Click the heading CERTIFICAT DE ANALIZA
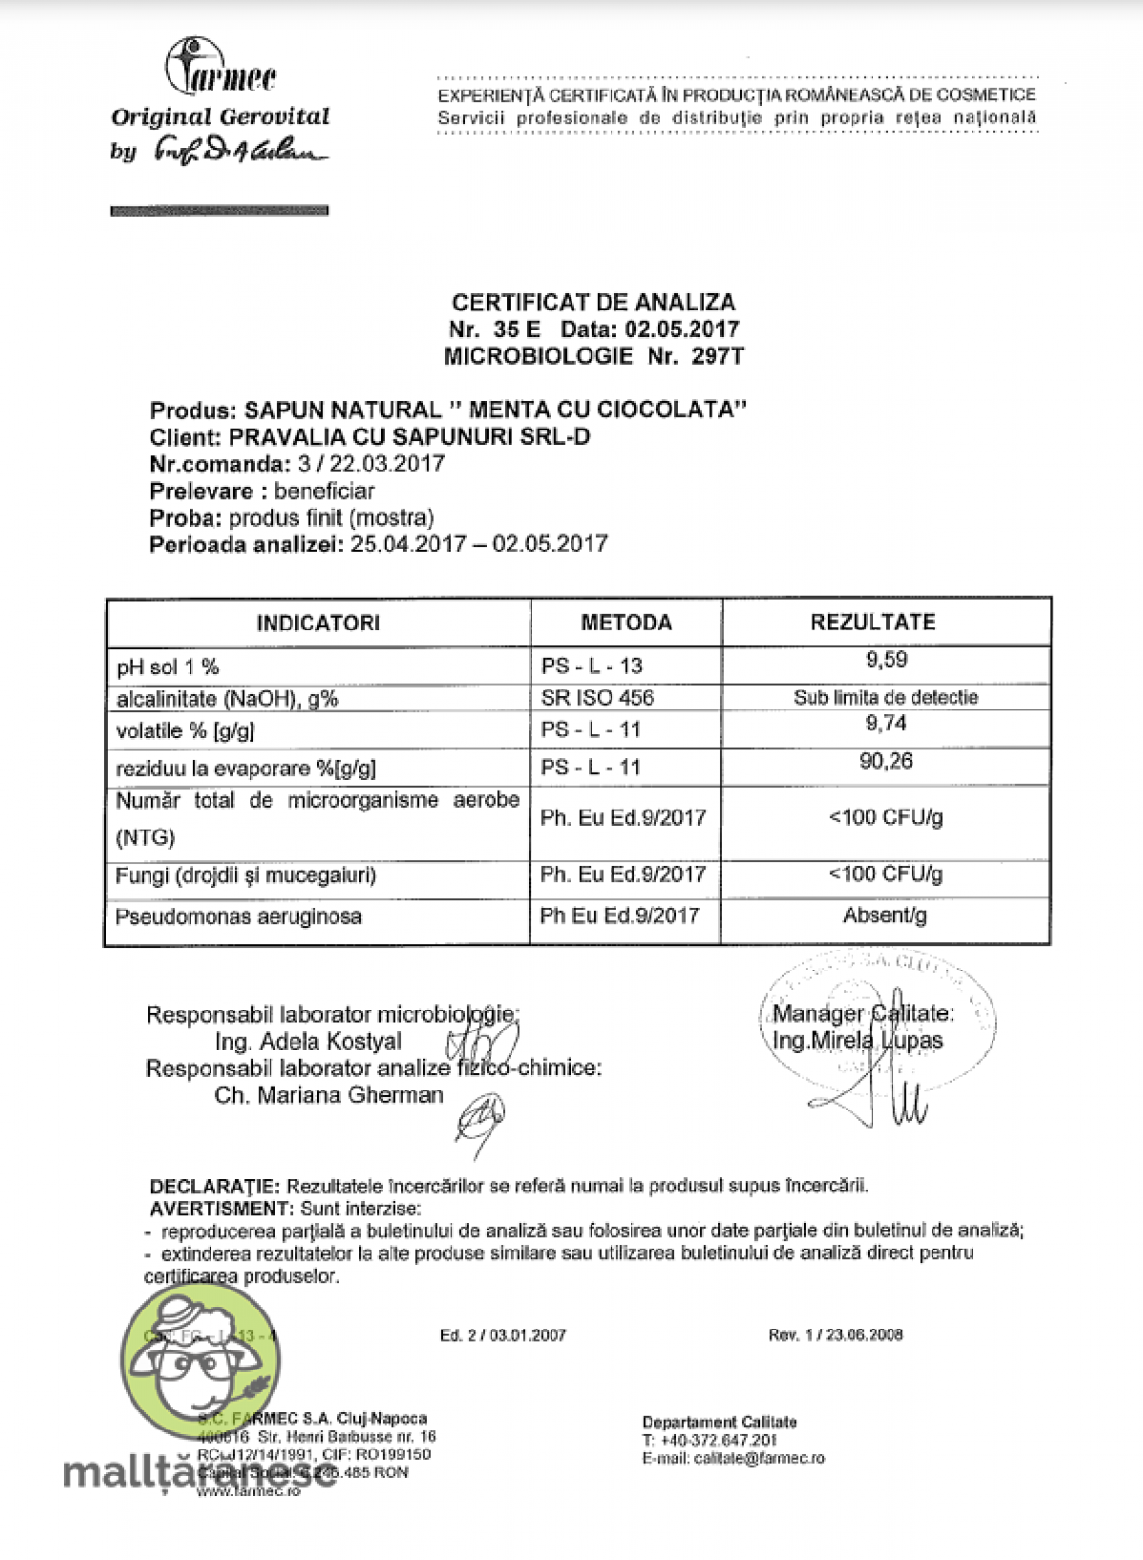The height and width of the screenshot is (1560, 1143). pos(593,302)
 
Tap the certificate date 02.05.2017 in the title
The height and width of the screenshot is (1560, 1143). pos(682,330)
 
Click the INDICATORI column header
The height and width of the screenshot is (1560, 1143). pos(318,623)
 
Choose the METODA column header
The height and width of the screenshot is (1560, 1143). pos(626,623)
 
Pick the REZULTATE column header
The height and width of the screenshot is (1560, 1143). pos(872,622)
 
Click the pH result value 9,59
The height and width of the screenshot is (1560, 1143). pos(886,660)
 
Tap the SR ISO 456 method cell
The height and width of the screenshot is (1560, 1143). pos(597,697)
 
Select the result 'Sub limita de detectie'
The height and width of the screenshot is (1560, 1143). pos(886,697)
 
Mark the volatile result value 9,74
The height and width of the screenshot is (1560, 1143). pos(886,724)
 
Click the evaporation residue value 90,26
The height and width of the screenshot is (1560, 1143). pos(886,761)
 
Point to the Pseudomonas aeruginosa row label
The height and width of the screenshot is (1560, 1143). pos(238,917)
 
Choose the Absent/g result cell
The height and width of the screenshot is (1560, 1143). pos(885,915)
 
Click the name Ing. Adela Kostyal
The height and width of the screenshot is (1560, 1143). pos(309,1041)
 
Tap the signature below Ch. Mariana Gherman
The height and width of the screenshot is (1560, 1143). pos(481,1119)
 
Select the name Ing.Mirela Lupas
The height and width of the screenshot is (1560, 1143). pos(857,1041)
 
